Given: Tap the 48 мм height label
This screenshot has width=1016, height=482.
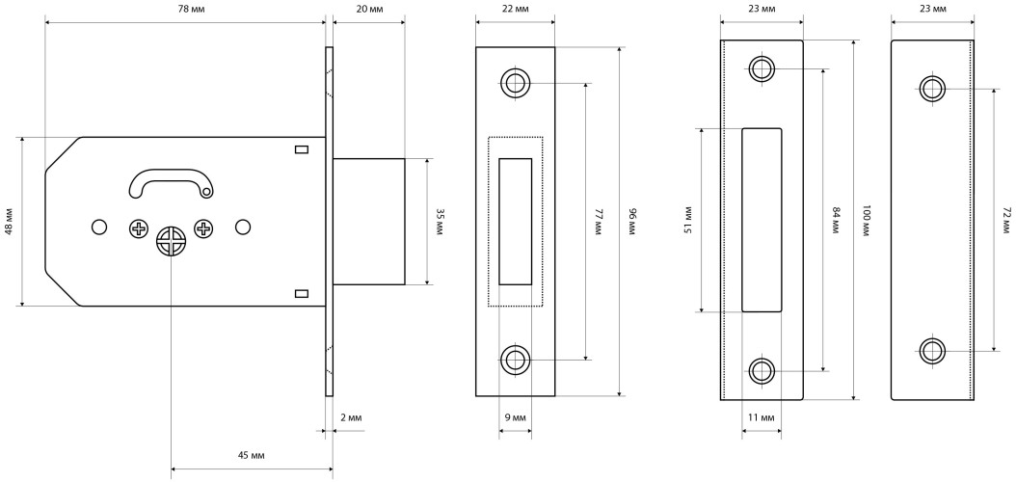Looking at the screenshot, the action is coord(9,222).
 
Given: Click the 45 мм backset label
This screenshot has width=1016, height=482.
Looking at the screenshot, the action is coord(252,455).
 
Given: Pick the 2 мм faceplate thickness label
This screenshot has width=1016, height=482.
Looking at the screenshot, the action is coord(351,417).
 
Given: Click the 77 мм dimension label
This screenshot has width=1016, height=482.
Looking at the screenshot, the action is coord(598,222).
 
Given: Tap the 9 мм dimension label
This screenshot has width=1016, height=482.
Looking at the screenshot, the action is coord(515,417).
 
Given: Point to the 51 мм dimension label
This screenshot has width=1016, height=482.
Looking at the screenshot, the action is coord(688,220).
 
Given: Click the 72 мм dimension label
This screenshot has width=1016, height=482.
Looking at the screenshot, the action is coord(1005,219).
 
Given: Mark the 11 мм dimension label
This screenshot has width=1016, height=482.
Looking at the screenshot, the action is coord(762,417).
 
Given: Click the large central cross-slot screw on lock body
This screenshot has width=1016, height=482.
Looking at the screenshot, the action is coord(171,242).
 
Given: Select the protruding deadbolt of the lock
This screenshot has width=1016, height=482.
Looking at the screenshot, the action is coord(368,222).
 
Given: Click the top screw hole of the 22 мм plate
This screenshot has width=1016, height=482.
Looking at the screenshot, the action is coord(515,83).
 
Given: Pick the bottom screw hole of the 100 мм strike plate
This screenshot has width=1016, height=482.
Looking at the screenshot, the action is coord(762,371).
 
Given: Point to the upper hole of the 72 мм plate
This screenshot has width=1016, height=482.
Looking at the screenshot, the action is coord(932,88).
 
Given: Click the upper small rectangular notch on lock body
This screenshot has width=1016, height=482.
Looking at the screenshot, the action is coord(301,149).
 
